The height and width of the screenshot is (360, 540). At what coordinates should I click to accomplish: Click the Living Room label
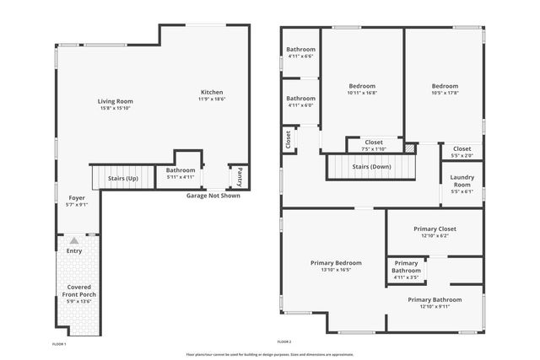coord(116,101)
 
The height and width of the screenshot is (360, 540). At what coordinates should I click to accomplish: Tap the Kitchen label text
coord(212,92)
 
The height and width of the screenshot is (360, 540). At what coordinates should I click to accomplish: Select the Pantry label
coord(239,176)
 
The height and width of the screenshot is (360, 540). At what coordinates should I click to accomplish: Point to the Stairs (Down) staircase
coord(371,167)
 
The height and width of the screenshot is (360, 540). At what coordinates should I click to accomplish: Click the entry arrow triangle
coord(74,241)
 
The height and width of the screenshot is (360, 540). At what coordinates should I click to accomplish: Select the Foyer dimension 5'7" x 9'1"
coord(77,205)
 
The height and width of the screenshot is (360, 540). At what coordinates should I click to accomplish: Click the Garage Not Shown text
coord(213,196)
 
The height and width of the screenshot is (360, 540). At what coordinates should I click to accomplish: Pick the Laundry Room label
coord(462,180)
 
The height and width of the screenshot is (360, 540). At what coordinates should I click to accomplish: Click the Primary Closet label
coord(435,228)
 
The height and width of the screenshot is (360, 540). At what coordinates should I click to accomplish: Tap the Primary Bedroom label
coord(335,263)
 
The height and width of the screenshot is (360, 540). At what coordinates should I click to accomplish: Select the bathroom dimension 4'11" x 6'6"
coord(300,56)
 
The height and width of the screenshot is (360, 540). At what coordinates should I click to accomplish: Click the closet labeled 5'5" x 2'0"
coord(462,155)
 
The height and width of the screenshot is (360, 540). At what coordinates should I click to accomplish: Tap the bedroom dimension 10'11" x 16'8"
coord(362,93)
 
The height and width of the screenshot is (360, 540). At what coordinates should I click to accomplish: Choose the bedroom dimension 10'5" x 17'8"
coord(445,93)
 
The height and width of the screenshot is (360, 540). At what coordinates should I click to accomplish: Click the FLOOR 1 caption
coord(59,344)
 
